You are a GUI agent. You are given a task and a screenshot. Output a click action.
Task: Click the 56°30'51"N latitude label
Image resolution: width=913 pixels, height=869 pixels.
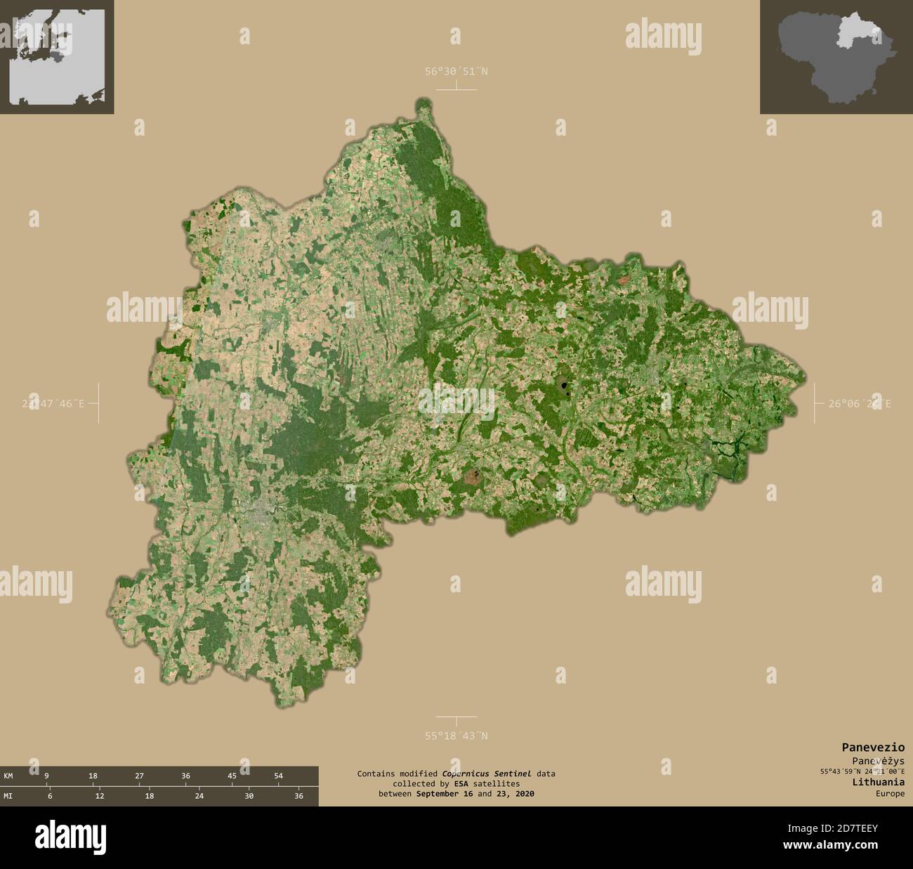coord(456,71)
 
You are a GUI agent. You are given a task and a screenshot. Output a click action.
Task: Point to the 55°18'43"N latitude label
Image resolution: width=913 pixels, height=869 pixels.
coord(456,736)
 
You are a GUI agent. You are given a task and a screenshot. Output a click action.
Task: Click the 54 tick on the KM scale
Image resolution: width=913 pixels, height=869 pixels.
coord(278,776)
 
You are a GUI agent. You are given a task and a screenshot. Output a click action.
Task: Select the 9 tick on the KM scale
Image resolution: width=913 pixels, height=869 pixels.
coord(46,776)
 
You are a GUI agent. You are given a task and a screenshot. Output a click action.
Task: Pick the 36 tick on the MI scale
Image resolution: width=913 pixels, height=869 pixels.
coord(298,796)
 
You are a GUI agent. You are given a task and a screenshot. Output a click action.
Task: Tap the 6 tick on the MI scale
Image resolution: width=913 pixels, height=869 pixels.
coord(50,796)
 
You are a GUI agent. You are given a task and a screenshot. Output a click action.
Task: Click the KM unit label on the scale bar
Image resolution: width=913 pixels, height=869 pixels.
coord(8,776)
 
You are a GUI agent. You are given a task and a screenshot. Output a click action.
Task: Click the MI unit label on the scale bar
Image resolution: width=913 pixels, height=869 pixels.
coord(8,796)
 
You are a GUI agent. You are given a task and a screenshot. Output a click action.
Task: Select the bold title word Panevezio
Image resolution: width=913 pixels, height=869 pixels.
coord(873,747)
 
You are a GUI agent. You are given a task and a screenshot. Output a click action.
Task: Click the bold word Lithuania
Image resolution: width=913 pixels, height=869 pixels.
coord(878,782)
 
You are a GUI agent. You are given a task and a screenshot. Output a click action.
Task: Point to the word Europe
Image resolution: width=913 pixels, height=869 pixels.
coord(890,794)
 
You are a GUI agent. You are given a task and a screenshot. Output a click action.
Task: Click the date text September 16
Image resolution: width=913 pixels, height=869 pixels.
coord(445,794)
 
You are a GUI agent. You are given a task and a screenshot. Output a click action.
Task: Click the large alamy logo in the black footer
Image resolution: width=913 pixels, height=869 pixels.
coord(70,837)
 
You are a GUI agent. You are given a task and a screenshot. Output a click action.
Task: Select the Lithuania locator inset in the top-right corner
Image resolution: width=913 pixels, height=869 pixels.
coord(836,56)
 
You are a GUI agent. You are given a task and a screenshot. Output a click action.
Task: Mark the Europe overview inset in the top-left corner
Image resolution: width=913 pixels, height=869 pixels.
coord(57,56)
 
